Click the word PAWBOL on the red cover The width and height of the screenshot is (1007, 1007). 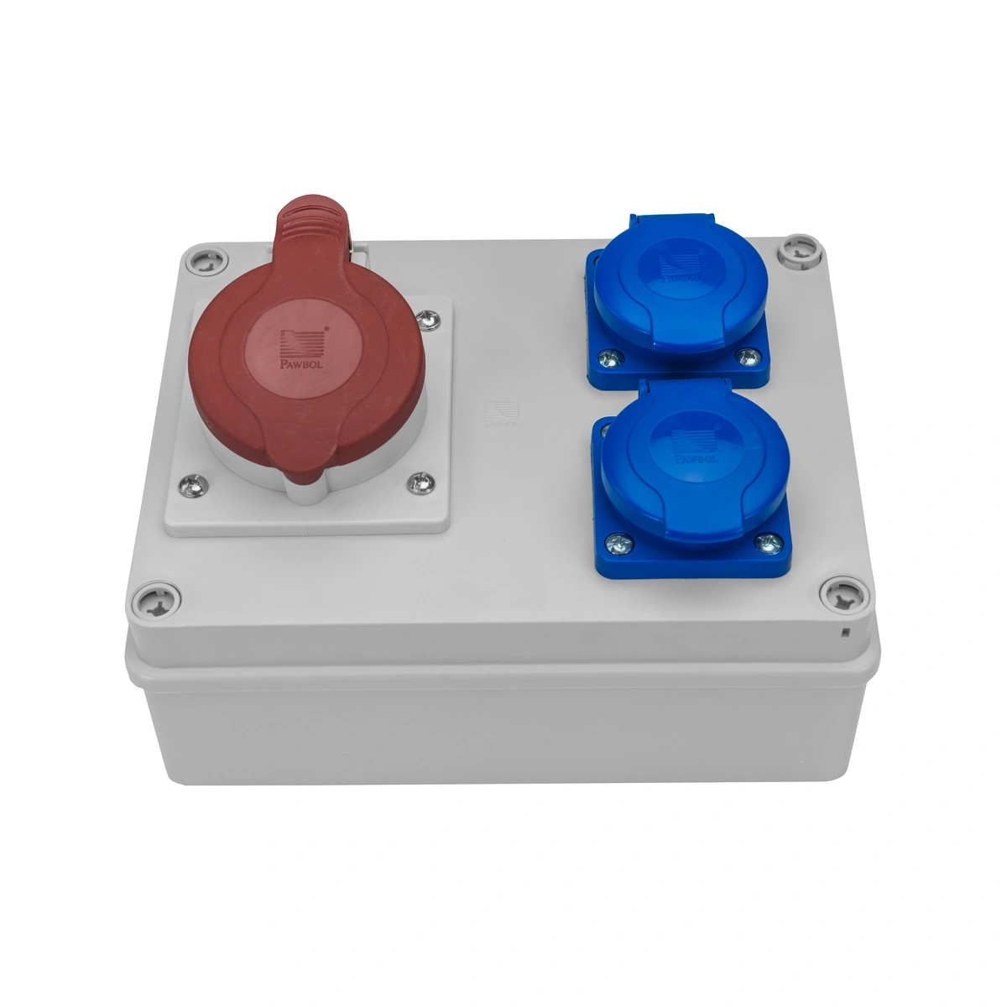coord(300,366)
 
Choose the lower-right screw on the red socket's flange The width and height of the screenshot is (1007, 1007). coord(420,483)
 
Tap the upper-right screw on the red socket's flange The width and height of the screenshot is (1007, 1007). coord(429,319)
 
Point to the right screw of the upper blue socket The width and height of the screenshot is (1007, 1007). coord(744,357)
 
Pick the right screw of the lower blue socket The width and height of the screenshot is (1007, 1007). coord(765,544)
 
